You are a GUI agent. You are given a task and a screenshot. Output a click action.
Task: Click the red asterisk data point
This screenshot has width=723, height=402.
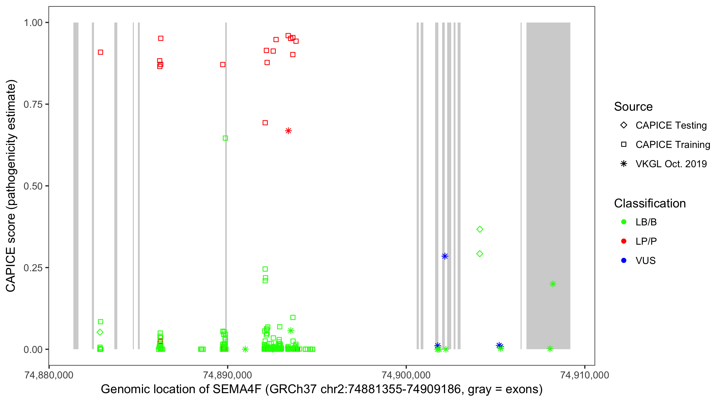[x=288, y=131]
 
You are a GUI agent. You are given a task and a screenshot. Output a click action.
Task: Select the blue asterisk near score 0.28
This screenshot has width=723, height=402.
[x=445, y=256]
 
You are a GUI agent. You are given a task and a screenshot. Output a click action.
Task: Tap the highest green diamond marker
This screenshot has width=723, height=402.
[x=480, y=229]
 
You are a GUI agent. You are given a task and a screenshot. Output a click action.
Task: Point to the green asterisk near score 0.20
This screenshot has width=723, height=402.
[x=553, y=284]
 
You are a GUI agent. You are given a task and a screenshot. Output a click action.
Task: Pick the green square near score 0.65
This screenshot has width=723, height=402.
[x=225, y=138]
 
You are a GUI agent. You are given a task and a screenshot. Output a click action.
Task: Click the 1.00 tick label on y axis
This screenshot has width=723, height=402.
[x=33, y=23]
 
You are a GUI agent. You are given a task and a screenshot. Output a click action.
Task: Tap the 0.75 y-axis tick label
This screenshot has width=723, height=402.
[x=33, y=105]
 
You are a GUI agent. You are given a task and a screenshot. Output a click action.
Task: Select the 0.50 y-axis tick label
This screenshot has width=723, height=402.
[x=33, y=186]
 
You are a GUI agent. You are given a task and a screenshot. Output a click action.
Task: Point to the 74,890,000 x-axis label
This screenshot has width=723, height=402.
[x=227, y=375]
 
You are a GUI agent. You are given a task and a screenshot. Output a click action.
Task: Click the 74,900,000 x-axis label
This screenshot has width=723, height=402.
[x=406, y=375]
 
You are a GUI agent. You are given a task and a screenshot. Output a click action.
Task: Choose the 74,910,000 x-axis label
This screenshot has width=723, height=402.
[x=585, y=375]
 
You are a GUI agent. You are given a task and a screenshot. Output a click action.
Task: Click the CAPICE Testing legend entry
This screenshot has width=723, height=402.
[x=671, y=125]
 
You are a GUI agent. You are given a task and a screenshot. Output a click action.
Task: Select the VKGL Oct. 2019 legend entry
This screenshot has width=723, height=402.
[x=671, y=164]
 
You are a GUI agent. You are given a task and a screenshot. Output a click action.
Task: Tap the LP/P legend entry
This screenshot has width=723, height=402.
[x=646, y=241]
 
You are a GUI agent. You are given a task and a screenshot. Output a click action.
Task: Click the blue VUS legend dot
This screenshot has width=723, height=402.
[x=624, y=260]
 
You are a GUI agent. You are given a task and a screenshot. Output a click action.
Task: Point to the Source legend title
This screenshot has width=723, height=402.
[x=633, y=107]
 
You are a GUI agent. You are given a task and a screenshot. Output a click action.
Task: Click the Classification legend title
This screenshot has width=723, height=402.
[x=650, y=203]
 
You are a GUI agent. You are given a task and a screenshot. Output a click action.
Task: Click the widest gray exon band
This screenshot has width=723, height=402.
[x=548, y=185]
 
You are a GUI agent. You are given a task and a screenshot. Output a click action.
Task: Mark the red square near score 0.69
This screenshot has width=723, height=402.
[x=265, y=123]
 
